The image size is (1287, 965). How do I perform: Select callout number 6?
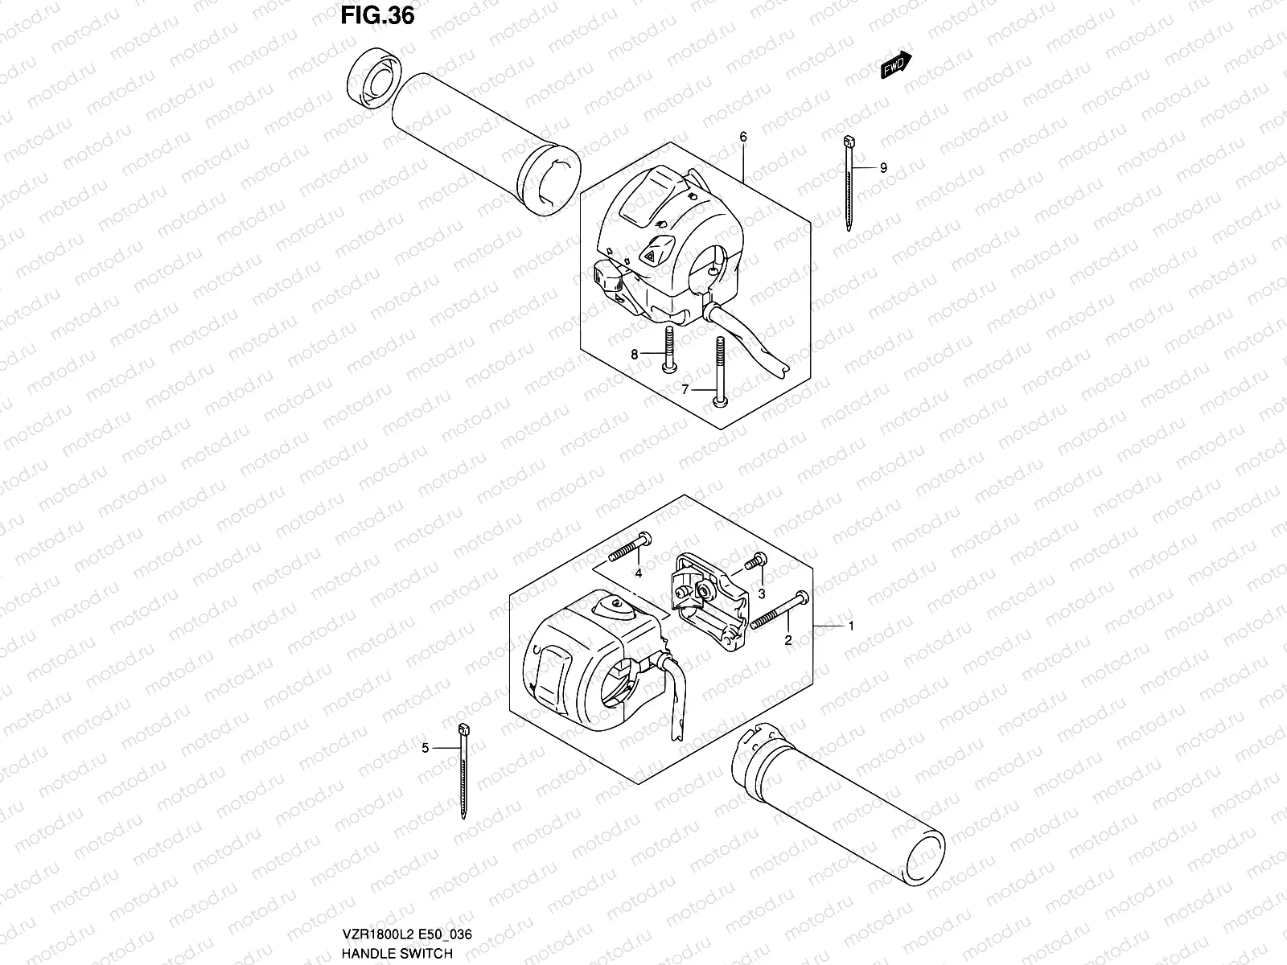coord(743,138)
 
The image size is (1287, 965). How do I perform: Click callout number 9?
coord(883,167)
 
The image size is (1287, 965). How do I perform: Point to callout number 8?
coord(634,354)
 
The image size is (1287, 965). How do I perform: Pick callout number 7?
coord(685,389)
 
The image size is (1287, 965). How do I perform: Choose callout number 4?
coord(638,573)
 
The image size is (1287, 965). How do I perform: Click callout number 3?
coord(761,594)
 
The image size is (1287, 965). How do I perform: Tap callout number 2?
coord(788,640)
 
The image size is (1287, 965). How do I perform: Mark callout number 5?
coord(426,748)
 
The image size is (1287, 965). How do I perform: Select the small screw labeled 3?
coord(755,563)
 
